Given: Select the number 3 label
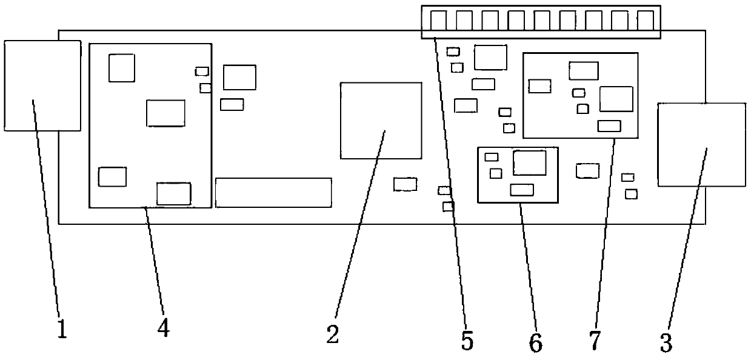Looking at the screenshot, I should tap(666, 343).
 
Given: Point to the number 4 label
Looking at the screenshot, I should tap(162, 328).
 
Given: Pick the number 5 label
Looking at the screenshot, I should tap(466, 341).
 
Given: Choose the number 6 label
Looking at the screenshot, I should tap(535, 343).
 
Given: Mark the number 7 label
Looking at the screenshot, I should tap(595, 340).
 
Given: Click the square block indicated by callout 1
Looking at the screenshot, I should tap(42, 85).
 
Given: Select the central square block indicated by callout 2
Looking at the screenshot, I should tap(381, 121).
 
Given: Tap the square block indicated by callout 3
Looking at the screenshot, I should tap(701, 145).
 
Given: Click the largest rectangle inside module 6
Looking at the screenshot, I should tap(529, 162).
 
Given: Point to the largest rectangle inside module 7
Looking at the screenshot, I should tap(616, 99).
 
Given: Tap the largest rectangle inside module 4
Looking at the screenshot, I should tap(165, 113).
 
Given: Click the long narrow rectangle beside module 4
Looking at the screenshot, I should tap(273, 193).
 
